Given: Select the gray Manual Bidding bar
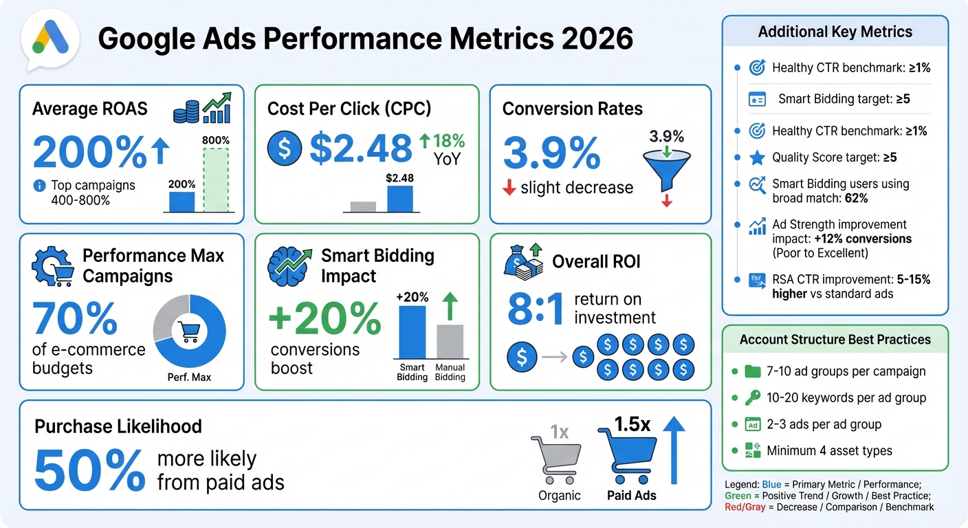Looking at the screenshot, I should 450,342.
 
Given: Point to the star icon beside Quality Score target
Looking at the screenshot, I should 756,158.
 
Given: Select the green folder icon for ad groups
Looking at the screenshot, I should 753,371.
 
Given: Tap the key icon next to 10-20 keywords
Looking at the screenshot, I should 753,398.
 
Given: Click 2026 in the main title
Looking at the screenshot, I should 596,38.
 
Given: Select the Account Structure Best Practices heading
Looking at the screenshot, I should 835,340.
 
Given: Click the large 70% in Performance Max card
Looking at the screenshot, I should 75,319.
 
